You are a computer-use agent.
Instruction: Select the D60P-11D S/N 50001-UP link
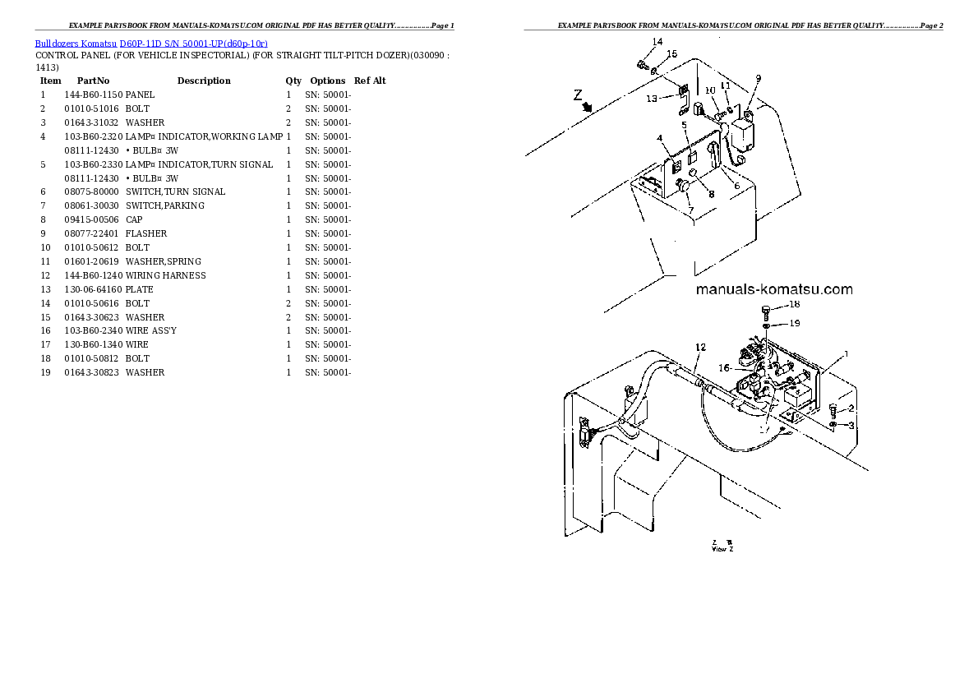coord(193,43)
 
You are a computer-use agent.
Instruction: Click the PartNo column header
coord(93,81)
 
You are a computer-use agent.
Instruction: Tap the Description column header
coord(204,81)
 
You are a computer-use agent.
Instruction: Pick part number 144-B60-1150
coord(92,95)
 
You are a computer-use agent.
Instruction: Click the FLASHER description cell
coord(146,233)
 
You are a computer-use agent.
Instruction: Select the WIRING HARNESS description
coord(165,275)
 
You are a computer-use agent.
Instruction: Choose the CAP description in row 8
coord(133,219)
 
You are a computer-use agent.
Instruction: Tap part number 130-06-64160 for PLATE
coord(93,289)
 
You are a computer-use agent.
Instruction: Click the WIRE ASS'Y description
coord(150,330)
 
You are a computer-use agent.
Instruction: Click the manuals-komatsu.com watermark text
coord(773,289)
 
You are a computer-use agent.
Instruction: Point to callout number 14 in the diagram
coord(657,42)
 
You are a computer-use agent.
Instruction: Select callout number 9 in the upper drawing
coord(758,78)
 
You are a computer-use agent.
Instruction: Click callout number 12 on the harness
coord(700,347)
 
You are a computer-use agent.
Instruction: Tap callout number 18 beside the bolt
coord(794,305)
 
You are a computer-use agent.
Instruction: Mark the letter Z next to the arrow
coord(577,95)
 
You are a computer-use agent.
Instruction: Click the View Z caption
coord(722,548)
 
